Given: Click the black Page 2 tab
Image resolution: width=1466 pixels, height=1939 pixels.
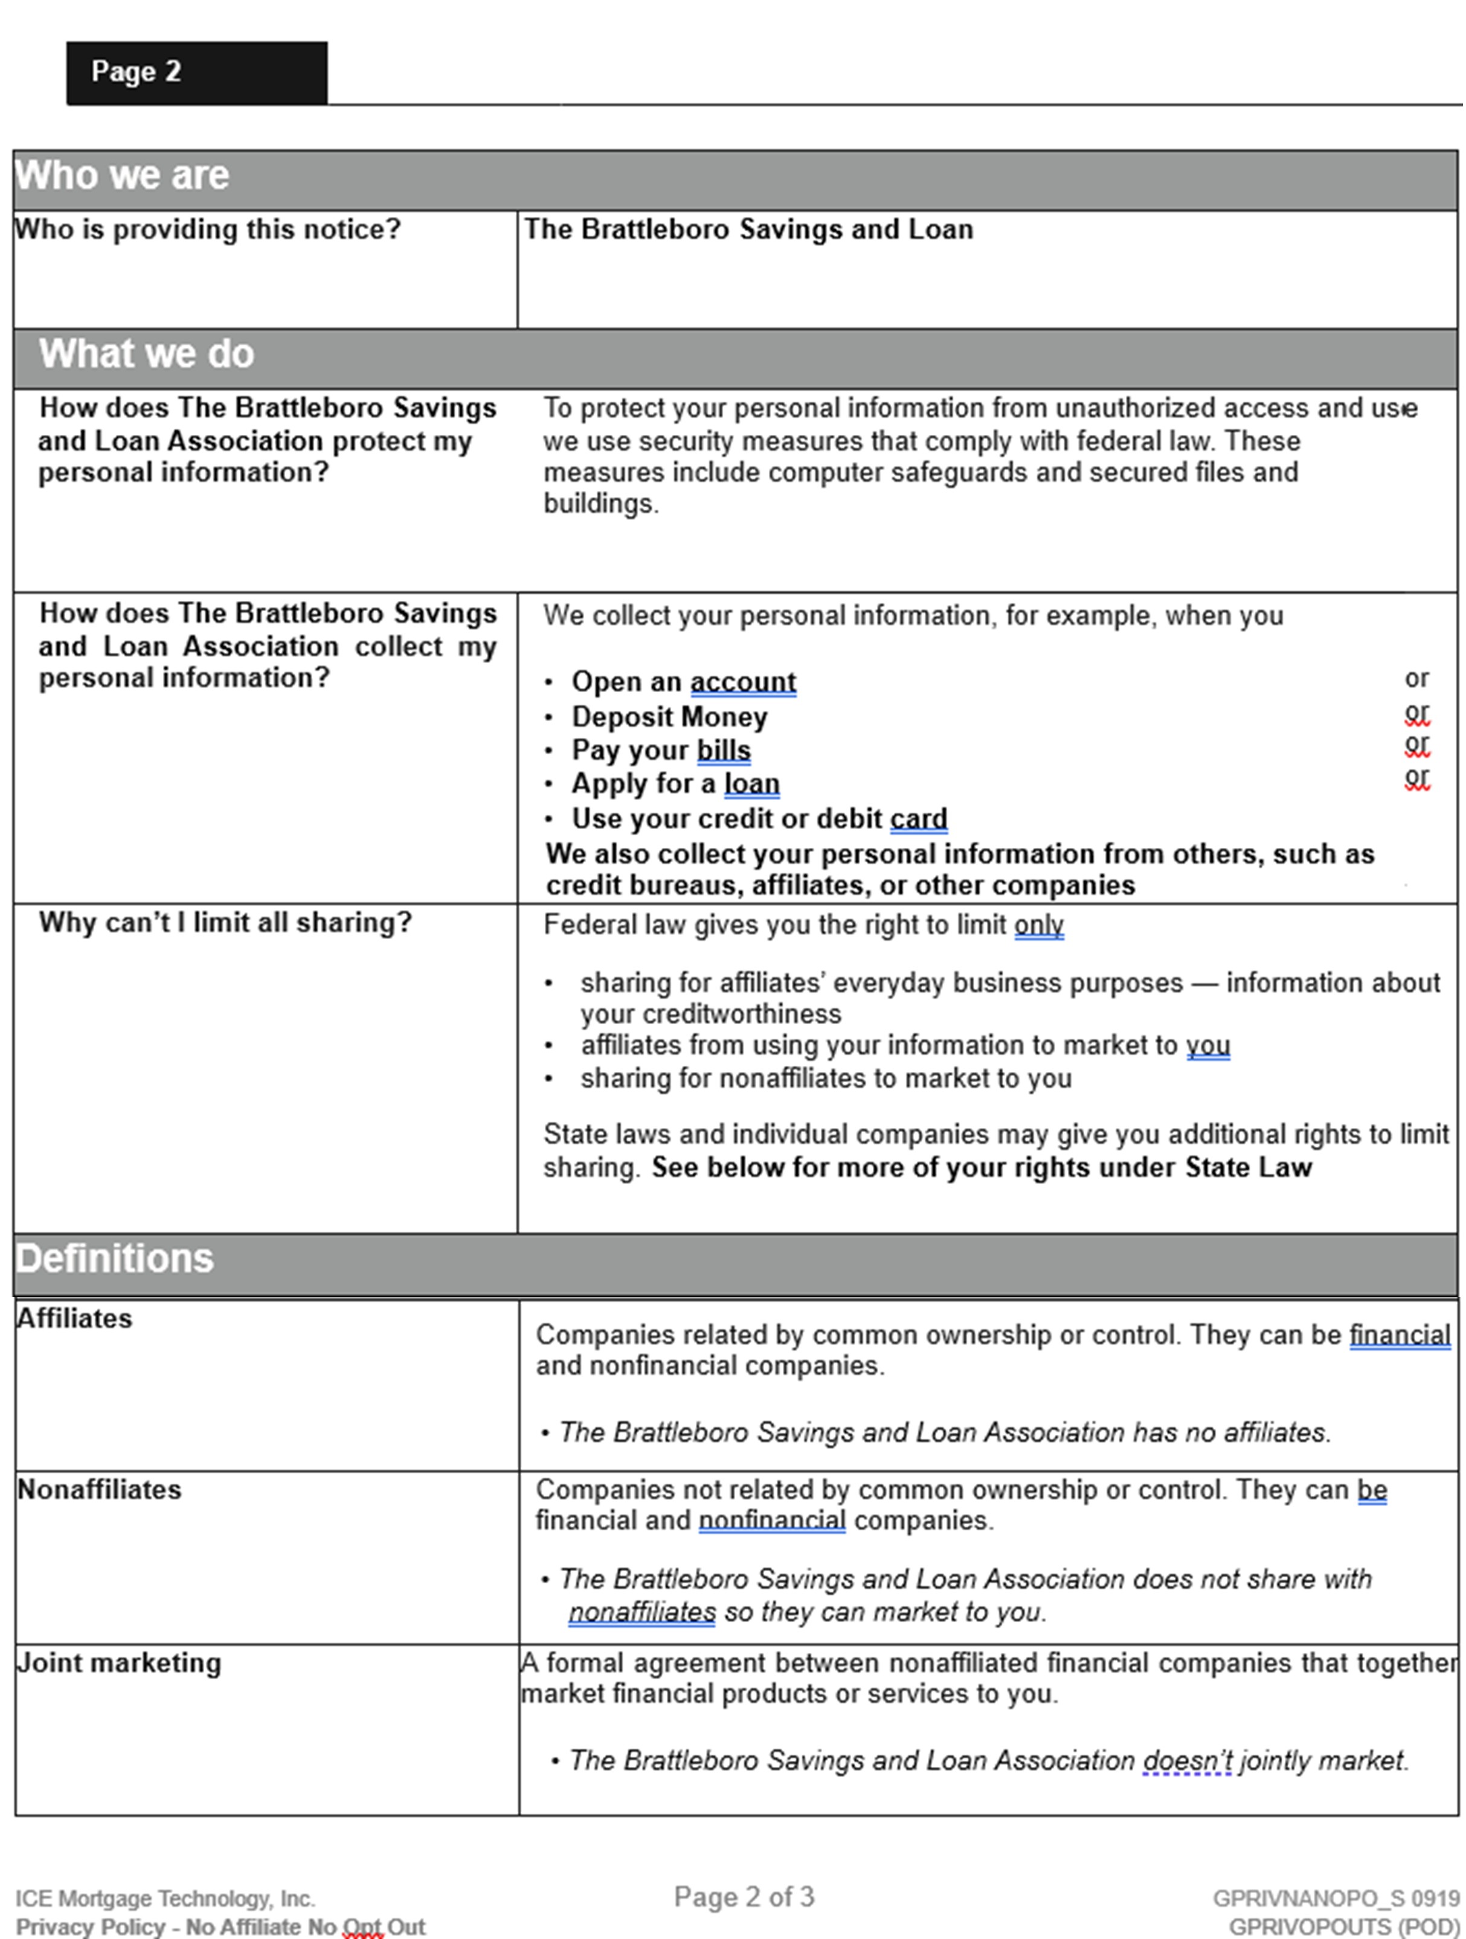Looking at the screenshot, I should (196, 72).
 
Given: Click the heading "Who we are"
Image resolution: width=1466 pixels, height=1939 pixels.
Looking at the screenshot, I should (122, 175).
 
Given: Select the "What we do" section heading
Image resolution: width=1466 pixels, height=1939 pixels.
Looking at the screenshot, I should (146, 354).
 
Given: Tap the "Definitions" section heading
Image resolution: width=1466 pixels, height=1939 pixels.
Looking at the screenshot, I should (115, 1258).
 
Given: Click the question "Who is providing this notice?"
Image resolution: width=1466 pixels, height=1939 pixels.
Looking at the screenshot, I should (208, 229).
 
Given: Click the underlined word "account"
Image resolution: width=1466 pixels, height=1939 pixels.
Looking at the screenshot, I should (742, 682).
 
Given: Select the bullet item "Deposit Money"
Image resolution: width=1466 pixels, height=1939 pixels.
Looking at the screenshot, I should (669, 717).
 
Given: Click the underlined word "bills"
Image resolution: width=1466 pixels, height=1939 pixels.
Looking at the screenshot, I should (724, 751).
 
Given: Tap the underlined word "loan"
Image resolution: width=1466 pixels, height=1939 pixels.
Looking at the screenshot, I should (751, 784).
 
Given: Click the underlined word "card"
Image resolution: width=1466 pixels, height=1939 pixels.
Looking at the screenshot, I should (918, 819).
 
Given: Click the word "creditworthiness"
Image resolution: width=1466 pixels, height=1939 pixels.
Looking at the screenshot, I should (710, 1014).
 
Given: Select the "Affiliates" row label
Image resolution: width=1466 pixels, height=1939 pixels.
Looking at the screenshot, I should (74, 1318).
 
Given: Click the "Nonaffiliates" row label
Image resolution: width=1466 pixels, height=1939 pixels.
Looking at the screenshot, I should (99, 1489).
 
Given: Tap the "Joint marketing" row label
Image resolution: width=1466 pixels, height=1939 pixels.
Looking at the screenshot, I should (119, 1663).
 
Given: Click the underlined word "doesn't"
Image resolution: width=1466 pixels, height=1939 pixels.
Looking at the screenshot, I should (1187, 1760).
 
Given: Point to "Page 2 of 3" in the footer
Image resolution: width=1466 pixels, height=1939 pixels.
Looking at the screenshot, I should (744, 1897).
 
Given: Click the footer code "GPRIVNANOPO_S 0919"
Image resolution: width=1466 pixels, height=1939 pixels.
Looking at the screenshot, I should (1336, 1899).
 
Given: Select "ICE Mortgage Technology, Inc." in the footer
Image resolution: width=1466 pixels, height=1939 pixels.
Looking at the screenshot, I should (165, 1899).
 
